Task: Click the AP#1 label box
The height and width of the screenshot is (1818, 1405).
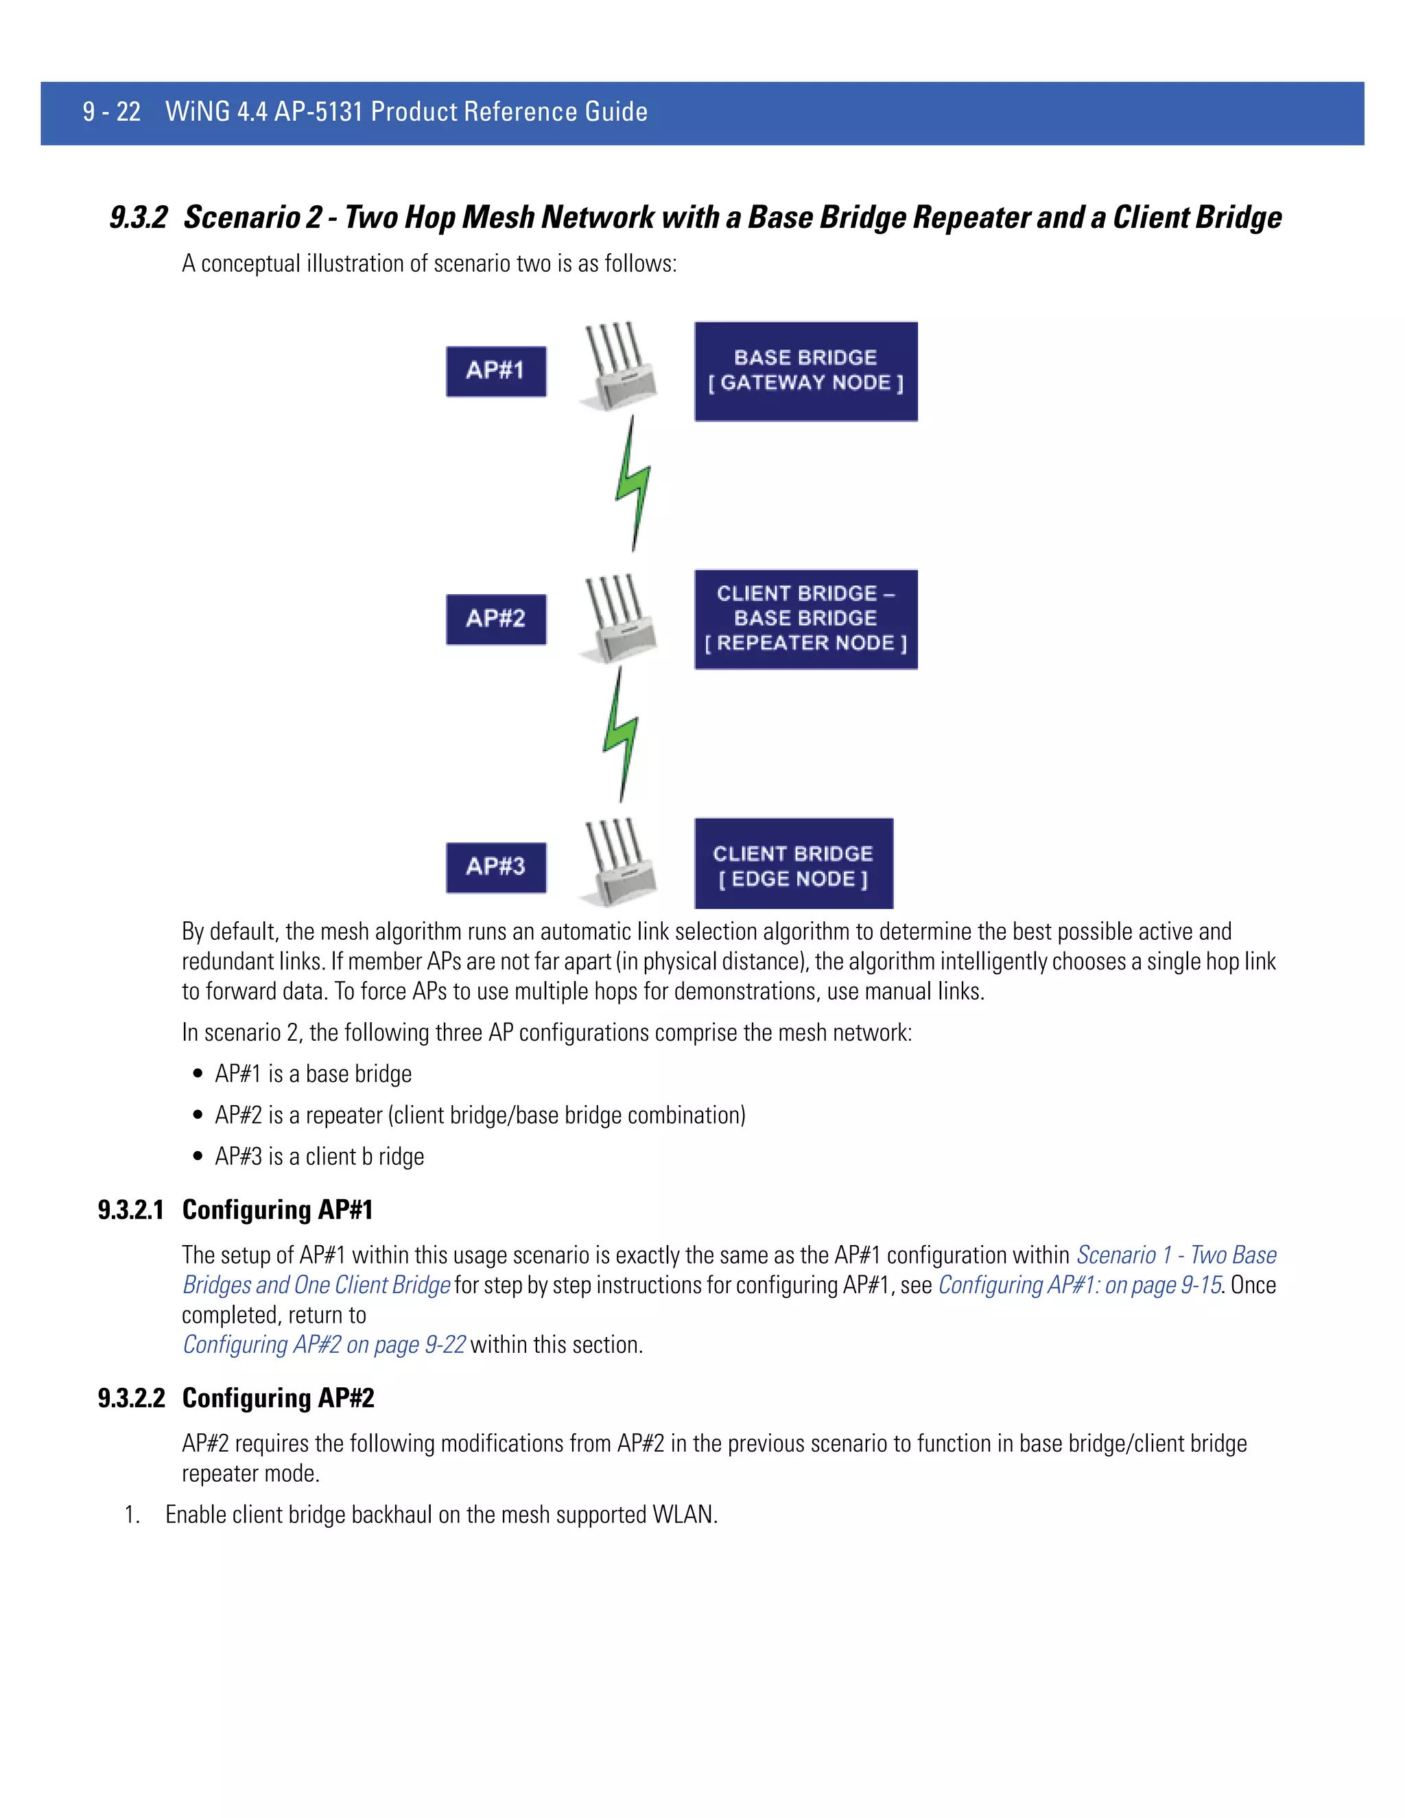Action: pos(496,371)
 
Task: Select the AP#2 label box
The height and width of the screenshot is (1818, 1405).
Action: pos(496,619)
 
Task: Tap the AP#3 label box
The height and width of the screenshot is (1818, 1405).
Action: pos(496,867)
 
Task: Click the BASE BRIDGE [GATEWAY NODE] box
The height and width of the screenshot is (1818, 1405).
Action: pos(805,371)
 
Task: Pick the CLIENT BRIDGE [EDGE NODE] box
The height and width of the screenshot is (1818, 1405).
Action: pos(793,864)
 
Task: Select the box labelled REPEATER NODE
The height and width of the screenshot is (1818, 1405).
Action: pos(805,619)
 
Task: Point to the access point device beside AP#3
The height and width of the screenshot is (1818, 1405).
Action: pos(618,864)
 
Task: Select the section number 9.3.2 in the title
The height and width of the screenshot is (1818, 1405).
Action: pos(138,218)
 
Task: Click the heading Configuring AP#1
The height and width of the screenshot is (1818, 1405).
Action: pos(277,1209)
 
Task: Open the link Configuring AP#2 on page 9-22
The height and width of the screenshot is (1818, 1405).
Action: pos(324,1345)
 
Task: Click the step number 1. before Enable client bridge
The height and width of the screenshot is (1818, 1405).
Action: pos(132,1514)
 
